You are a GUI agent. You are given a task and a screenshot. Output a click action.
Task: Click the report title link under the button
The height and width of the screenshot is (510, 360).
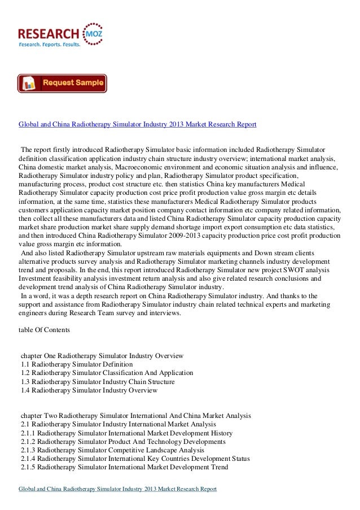[138, 123]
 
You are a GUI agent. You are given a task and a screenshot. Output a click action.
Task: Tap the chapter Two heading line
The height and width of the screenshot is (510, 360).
[135, 416]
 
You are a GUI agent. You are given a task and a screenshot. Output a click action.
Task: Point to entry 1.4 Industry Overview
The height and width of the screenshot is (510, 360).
[89, 390]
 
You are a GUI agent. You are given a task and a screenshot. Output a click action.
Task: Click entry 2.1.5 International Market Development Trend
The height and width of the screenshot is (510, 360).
[124, 468]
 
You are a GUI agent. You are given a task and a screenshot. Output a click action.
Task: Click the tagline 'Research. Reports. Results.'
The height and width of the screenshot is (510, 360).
[50, 43]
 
